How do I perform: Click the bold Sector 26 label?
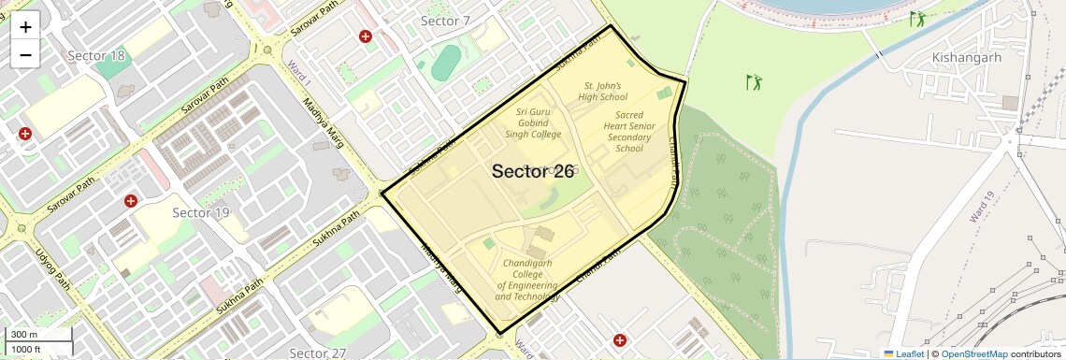[x=532, y=171]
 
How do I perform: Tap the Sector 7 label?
[x=445, y=21]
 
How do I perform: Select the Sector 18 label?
[x=96, y=56]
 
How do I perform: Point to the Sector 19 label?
[x=201, y=213]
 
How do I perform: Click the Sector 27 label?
[x=317, y=353]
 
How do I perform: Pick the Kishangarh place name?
[x=967, y=58]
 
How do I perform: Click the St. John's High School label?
[x=603, y=91]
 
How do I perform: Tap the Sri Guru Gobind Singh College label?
[x=534, y=122]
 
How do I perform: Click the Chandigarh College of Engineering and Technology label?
[x=527, y=280]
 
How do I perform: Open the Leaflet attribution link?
[x=903, y=353]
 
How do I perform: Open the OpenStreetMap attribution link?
[x=973, y=353]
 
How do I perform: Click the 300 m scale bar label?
[x=24, y=335]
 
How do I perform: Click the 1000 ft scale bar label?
[x=26, y=349]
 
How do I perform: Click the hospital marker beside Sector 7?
[x=365, y=36]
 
